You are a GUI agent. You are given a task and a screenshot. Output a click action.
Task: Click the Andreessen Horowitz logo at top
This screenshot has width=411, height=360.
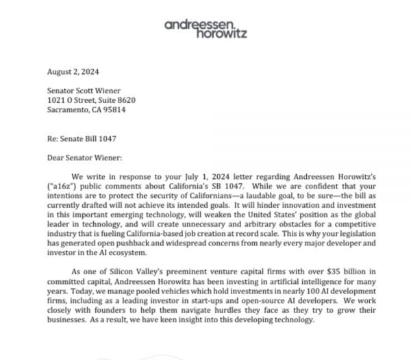(206, 28)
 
